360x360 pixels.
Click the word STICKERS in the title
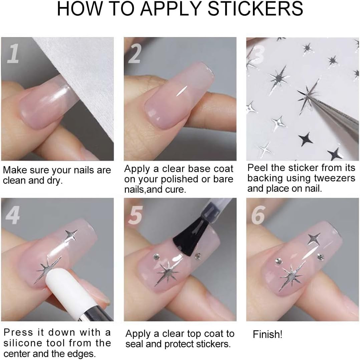[x=255, y=9]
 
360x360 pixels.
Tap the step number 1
[x=13, y=53]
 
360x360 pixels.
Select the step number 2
[x=134, y=53]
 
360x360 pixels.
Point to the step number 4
[x=12, y=215]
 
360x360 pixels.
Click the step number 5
[x=135, y=215]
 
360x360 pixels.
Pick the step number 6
[x=258, y=215]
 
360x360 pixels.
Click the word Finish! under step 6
[x=268, y=335]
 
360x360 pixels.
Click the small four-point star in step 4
[x=71, y=235]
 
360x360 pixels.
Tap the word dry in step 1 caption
[x=55, y=181]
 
